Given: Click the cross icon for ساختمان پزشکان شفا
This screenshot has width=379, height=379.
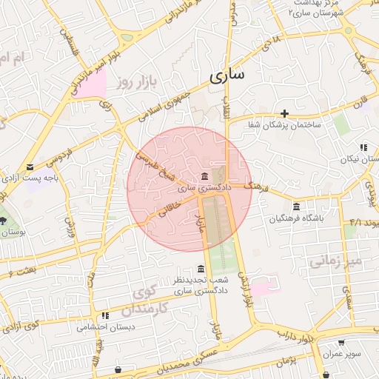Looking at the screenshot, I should pyautogui.click(x=284, y=113).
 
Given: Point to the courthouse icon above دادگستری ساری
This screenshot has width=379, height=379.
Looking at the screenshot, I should pyautogui.click(x=204, y=175).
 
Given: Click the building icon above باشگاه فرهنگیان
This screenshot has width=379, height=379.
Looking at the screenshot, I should pyautogui.click(x=296, y=206).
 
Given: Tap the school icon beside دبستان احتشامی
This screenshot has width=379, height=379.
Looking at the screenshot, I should pyautogui.click(x=105, y=315).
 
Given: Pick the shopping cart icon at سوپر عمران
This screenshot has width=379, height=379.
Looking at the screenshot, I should pyautogui.click(x=341, y=343).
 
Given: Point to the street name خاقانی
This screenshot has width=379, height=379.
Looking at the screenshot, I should pyautogui.click(x=168, y=211).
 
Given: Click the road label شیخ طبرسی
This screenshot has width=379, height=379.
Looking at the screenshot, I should pyautogui.click(x=156, y=168).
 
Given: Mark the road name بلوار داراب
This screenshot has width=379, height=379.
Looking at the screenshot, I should pyautogui.click(x=316, y=338).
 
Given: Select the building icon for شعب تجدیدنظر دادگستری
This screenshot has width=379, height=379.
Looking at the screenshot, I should pyautogui.click(x=200, y=269).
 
